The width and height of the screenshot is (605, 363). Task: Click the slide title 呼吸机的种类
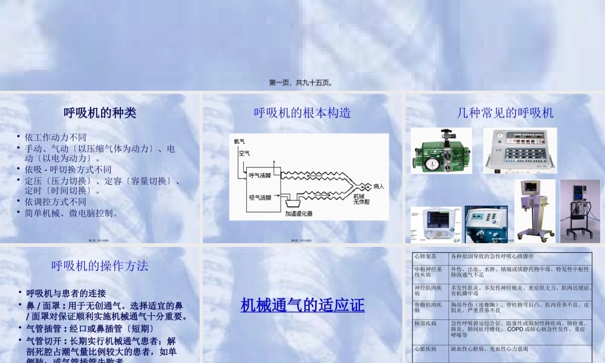pos(100,113)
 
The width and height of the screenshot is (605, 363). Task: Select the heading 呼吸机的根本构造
pos(302,113)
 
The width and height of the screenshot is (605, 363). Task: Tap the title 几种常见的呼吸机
pos(505,113)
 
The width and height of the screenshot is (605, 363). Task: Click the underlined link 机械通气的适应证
pos(302,304)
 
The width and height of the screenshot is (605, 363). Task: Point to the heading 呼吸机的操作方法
pos(100,266)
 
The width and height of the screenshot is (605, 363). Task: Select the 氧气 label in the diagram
pos(240,142)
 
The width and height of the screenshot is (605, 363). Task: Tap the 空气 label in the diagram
pos(244,153)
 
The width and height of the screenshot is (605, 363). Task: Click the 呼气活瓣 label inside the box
pos(260,175)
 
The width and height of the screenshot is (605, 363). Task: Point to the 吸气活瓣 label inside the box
pos(260,197)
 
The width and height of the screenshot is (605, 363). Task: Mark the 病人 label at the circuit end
pos(378,186)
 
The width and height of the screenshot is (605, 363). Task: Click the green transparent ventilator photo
pos(442,151)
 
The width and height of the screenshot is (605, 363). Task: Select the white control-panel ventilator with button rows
pos(520,151)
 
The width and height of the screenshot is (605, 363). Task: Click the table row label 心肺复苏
pos(425,257)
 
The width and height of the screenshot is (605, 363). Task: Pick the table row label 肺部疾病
pos(425,324)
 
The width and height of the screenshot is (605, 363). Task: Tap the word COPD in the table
pos(515,330)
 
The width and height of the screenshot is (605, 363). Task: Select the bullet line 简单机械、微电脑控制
pos(71,213)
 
